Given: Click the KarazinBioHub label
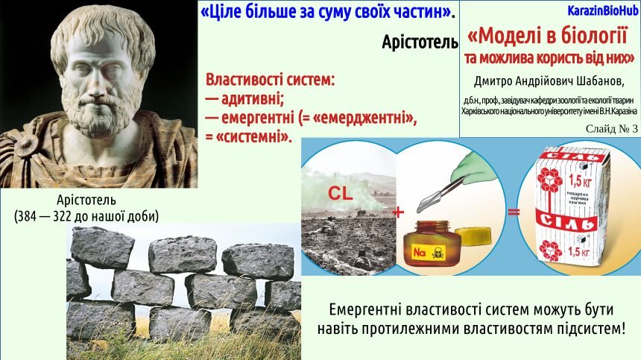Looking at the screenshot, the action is pos(603,11).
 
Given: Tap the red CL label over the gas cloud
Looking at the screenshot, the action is pos(340,193).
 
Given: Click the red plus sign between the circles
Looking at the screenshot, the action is pos(398,212).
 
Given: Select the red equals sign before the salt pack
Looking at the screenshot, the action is pos(514,212).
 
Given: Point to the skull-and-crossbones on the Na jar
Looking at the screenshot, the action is pos(438,253).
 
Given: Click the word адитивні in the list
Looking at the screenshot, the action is pos(252,99).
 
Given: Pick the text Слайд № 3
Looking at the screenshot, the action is pos(612,129).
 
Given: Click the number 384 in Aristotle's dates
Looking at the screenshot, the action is pos(27,215).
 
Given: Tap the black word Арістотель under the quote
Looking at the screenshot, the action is pos(420,42).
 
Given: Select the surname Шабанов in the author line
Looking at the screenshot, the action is pos(599,81).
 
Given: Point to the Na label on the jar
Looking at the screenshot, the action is pos(419,252).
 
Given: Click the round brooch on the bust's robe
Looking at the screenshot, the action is pos(27,145).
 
